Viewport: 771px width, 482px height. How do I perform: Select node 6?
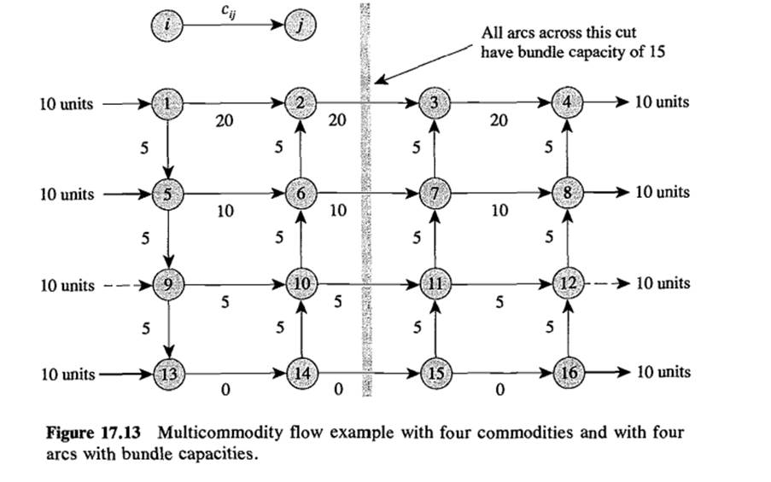pos(301,193)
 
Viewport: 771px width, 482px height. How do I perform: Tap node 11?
pos(435,282)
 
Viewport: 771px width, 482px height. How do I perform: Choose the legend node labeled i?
pos(167,25)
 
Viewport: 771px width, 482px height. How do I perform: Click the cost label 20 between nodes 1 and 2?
pos(224,122)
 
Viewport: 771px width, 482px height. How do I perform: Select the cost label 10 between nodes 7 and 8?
pos(499,211)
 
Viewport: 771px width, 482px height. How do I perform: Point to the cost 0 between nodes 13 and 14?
pos(224,391)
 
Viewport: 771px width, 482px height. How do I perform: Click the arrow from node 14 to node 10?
pos(301,328)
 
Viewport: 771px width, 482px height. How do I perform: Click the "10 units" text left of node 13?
pos(67,373)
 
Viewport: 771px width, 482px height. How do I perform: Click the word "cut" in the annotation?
pos(626,32)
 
